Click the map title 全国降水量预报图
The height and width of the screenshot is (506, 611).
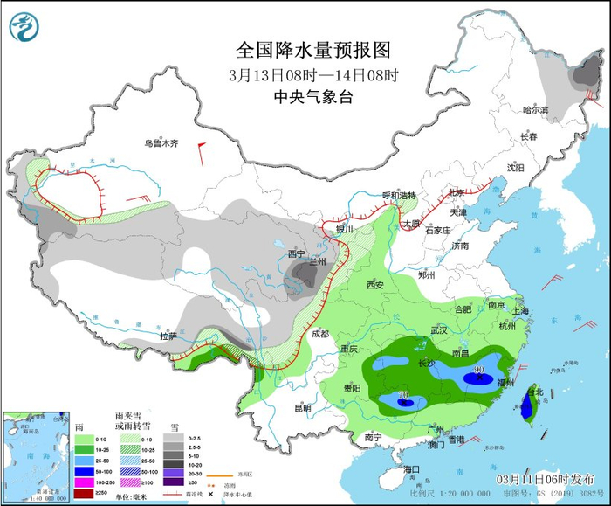tap(312, 50)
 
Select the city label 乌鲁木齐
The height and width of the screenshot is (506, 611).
tap(161, 143)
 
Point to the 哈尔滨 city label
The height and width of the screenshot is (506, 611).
tap(535, 110)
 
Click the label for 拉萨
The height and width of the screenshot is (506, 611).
tap(168, 336)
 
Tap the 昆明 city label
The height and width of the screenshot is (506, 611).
tap(302, 407)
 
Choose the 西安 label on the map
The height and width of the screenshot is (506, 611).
tap(375, 285)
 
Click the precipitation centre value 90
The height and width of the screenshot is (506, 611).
tap(478, 371)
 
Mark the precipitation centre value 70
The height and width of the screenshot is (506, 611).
tap(403, 396)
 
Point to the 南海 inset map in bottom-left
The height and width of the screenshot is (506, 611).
tap(35, 454)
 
